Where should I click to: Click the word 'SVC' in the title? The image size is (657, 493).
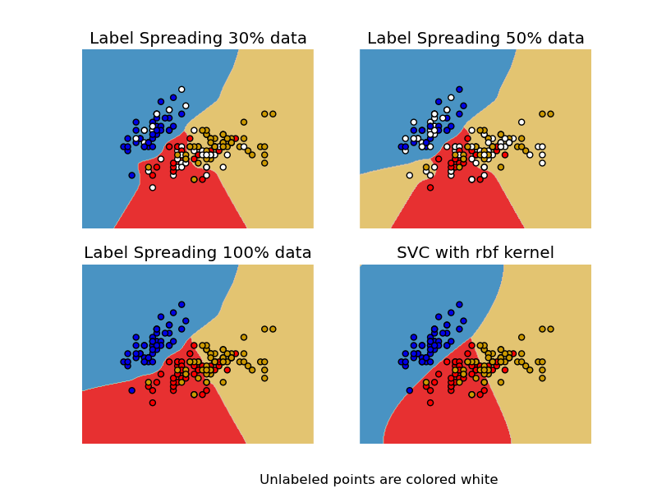click(x=413, y=253)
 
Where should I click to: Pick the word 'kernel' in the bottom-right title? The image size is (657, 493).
click(x=527, y=253)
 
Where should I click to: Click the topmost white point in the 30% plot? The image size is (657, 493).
click(x=181, y=90)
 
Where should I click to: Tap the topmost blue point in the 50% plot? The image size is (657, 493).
click(x=459, y=90)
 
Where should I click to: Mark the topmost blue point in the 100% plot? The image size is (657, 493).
click(x=181, y=305)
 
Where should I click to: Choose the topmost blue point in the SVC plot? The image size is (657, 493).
click(x=459, y=305)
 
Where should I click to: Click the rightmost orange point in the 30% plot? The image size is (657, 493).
click(x=273, y=114)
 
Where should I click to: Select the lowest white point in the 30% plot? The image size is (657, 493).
click(x=152, y=187)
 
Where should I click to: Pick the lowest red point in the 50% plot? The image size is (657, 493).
click(x=430, y=187)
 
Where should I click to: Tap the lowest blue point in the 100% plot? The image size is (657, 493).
click(x=131, y=390)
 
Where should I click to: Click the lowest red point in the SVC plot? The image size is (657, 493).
click(x=430, y=403)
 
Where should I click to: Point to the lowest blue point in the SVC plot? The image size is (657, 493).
click(x=409, y=390)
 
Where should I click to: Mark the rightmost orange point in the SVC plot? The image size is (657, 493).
click(x=550, y=329)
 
